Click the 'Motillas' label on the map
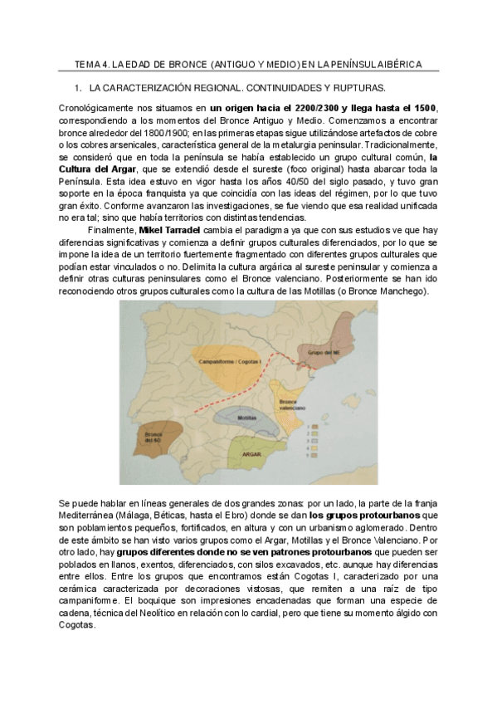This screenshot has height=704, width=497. coord(245,417)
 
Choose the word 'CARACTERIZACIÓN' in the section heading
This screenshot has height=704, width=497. coord(158,87)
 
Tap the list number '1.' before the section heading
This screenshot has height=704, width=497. coord(78,87)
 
